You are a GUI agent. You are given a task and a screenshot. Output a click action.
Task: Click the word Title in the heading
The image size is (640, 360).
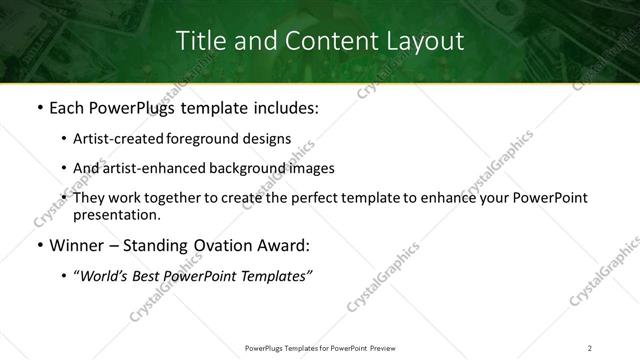click(200, 41)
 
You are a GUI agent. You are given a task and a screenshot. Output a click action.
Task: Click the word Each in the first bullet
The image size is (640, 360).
click(66, 106)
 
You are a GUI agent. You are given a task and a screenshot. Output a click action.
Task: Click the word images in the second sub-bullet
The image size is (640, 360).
click(312, 168)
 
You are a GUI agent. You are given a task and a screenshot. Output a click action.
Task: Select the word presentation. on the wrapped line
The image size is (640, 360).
click(116, 215)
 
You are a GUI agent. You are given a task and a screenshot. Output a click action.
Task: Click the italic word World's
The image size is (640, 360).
click(102, 276)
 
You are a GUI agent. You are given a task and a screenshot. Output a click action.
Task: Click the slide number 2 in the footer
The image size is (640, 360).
click(590, 347)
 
